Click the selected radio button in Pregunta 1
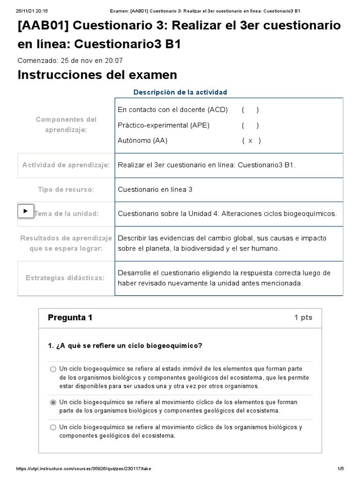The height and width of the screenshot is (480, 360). click(53, 402)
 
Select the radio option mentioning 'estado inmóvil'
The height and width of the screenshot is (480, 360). click(53, 369)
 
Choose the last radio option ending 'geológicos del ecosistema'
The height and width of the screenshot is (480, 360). click(53, 427)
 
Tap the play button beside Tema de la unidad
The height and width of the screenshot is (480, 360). click(25, 210)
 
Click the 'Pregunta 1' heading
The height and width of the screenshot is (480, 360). click(70, 317)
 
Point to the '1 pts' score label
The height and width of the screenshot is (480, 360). click(303, 317)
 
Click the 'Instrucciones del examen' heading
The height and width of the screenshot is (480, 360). click(97, 75)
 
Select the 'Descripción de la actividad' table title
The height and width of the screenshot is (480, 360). click(180, 92)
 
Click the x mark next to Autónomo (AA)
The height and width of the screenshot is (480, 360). click(251, 141)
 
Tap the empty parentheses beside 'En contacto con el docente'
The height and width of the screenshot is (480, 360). click(250, 110)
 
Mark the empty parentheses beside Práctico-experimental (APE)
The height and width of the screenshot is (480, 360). click(250, 125)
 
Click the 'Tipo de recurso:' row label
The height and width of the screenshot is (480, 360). click(66, 189)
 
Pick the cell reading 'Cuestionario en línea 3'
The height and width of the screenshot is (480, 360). click(155, 189)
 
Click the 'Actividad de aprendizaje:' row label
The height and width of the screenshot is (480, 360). click(66, 165)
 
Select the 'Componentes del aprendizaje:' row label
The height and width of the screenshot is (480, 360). click(66, 125)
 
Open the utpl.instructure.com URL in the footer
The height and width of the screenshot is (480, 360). click(84, 469)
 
